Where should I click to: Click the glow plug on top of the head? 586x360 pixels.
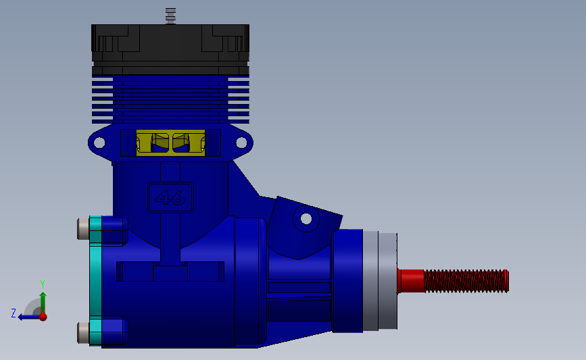[x=170, y=16]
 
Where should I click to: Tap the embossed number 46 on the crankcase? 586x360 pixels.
[x=170, y=198]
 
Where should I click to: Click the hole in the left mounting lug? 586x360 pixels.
[x=99, y=143]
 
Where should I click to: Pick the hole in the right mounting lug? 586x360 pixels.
[x=241, y=143]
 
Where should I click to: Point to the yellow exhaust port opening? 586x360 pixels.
[x=170, y=143]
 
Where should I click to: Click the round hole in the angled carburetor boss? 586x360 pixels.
[x=306, y=219]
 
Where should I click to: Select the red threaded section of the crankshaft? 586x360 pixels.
[x=466, y=281]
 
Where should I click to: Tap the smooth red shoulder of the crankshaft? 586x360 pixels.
[x=411, y=280]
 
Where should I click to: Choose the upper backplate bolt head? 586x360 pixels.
[x=83, y=229]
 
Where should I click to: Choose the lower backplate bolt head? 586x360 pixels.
[x=83, y=332]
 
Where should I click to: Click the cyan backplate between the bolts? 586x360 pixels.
[x=95, y=280]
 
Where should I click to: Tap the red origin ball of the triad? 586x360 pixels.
[x=43, y=316]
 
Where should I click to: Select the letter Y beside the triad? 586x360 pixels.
[x=42, y=284]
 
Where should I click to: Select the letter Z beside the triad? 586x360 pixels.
[x=13, y=313]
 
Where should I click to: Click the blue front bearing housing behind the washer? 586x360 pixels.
[x=347, y=281]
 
